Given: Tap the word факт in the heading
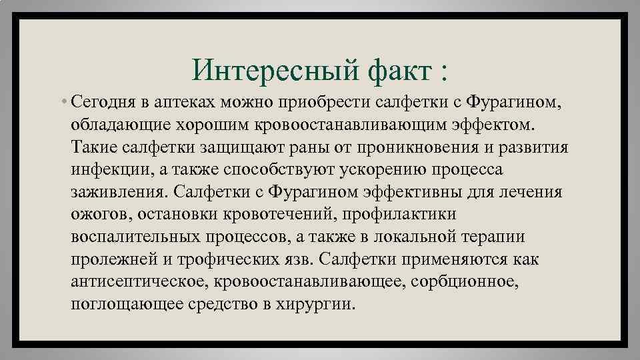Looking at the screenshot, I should pyautogui.click(x=390, y=69).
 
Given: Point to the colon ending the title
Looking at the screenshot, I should pyautogui.click(x=443, y=71).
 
